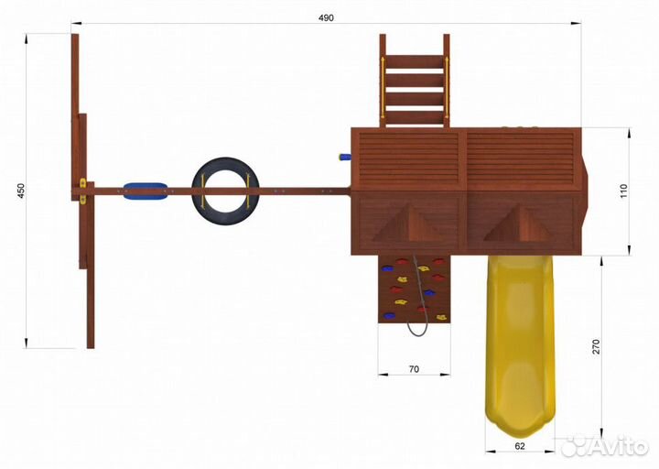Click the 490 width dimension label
tap(326, 17)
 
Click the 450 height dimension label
tap(21, 191)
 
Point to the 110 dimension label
tap(623, 191)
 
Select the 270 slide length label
tap(597, 346)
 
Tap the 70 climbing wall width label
tap(414, 369)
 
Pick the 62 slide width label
tap(520, 446)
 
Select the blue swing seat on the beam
tap(146, 191)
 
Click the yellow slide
tap(520, 345)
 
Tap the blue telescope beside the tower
tap(345, 158)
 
